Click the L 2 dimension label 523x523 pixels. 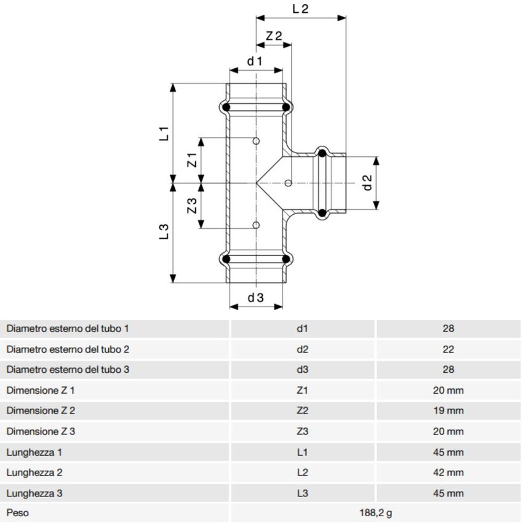[299, 9]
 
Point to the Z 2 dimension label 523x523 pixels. [274, 36]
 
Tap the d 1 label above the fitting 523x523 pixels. [255, 61]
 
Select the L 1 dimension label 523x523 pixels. [164, 134]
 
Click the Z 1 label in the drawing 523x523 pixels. [192, 161]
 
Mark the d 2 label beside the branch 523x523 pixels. [367, 183]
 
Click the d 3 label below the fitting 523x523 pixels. [255, 298]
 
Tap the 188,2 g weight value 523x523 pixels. [375, 512]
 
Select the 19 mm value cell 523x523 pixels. [448, 410]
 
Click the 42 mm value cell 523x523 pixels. [448, 473]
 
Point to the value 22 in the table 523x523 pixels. [448, 349]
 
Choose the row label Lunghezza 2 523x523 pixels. [35, 473]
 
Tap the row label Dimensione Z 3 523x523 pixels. [41, 431]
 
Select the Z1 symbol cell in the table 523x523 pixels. [302, 390]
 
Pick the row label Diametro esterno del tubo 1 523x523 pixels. [68, 329]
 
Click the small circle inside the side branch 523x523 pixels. [289, 183]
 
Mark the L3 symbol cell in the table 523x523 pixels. [302, 493]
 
